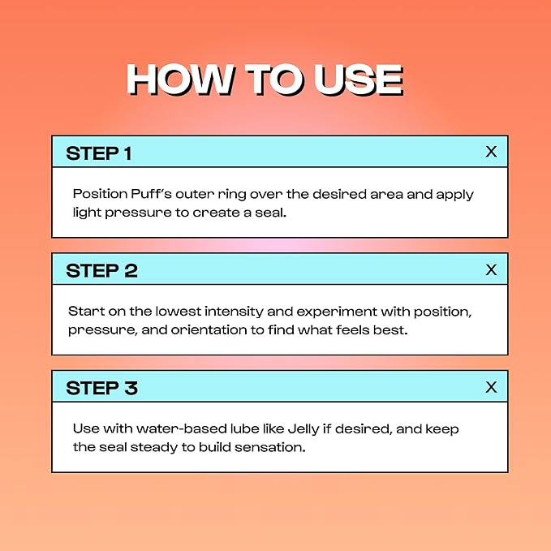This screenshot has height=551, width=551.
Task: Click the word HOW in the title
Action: tap(179, 80)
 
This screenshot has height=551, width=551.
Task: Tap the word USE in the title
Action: tap(358, 80)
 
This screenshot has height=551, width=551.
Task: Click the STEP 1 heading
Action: tap(99, 153)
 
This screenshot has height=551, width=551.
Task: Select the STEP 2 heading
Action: tap(101, 271)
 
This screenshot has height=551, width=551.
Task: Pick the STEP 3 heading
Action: tap(101, 389)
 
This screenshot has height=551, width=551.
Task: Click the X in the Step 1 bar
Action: tap(491, 152)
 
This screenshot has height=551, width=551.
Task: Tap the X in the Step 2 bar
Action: tap(491, 270)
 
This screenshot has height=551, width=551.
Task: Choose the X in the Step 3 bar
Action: tap(491, 387)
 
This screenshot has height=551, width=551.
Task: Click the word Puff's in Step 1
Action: tap(151, 194)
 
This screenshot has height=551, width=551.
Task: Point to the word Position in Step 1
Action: tap(100, 194)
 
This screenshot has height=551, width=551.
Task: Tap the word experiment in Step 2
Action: tap(337, 312)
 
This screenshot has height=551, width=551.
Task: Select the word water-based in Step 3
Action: tap(181, 428)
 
